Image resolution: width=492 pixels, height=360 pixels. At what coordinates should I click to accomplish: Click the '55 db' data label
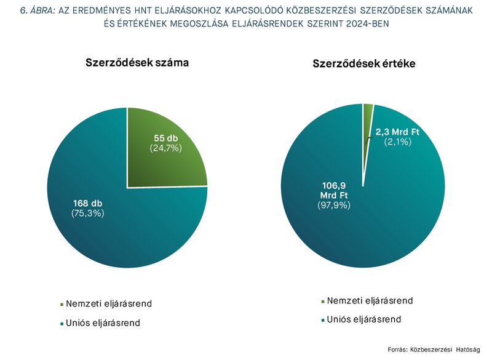click(165, 138)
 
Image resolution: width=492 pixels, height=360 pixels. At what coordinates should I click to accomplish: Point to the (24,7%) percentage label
click(165, 148)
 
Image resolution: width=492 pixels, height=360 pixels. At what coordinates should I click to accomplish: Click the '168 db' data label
click(87, 203)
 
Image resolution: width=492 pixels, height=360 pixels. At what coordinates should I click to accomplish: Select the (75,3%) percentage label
click(87, 214)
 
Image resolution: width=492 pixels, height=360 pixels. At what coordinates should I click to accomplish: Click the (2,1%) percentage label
click(397, 142)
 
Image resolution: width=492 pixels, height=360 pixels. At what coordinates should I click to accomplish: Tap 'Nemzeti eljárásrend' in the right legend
click(370, 301)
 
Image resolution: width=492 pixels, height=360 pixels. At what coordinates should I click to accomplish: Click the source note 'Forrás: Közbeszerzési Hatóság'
click(433, 350)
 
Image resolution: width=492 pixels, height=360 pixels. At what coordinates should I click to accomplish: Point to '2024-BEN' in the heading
click(367, 23)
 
